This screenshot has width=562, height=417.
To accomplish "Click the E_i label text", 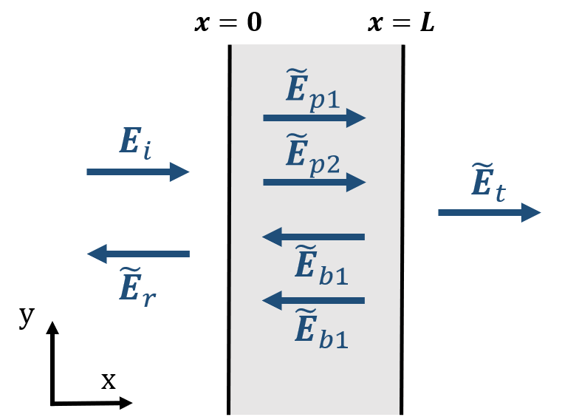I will (135, 143).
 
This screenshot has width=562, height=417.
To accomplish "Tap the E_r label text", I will (137, 288).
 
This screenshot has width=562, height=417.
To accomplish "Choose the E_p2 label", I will (312, 155).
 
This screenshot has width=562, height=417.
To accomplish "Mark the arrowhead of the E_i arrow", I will (179, 172).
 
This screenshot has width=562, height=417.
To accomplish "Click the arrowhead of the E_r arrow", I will (97, 254).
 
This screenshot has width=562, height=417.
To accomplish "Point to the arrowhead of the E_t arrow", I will (531, 212).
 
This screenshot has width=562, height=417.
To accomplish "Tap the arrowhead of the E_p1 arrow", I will (356, 118).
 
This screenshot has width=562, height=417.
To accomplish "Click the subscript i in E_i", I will (146, 150).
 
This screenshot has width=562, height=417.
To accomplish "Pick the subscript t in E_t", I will (499, 193).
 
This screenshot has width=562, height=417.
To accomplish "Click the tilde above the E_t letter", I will (481, 167).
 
